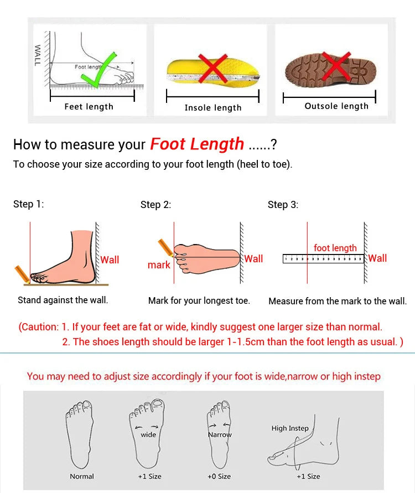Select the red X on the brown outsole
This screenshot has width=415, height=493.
click(x=336, y=68)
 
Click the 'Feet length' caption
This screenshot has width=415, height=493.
click(x=89, y=107)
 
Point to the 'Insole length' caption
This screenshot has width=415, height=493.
click(x=213, y=108)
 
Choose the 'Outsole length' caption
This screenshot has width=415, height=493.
click(x=336, y=106)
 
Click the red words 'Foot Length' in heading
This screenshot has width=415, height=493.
click(x=197, y=144)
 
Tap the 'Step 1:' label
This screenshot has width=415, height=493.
click(x=28, y=204)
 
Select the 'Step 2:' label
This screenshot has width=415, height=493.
click(x=155, y=205)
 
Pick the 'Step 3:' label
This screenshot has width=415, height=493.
click(x=283, y=205)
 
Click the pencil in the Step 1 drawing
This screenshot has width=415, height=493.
click(x=22, y=273)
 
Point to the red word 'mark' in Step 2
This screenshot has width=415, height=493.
click(x=159, y=265)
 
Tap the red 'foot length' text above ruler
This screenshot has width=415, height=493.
click(x=335, y=248)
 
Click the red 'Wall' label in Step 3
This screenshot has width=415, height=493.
click(x=377, y=258)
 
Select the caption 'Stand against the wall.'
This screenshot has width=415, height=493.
click(x=63, y=300)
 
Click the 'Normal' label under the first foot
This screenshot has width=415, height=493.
click(x=82, y=476)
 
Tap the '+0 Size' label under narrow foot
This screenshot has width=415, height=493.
click(x=220, y=476)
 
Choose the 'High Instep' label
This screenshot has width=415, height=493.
click(x=290, y=428)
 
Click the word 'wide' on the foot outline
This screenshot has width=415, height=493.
click(x=148, y=435)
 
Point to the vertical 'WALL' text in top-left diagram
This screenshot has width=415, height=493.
click(x=38, y=56)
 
